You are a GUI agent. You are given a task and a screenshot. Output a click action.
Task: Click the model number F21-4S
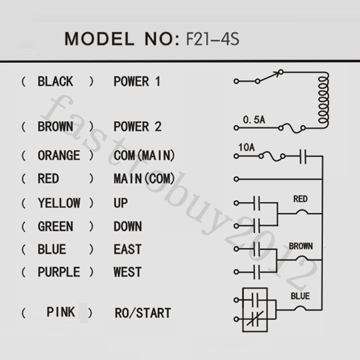pos(213,39)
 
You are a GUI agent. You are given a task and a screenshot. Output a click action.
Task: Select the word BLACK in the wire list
pos(55,81)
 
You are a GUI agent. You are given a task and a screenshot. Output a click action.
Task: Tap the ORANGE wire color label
pos(59,155)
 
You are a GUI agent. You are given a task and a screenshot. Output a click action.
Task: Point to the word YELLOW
pos(59,203)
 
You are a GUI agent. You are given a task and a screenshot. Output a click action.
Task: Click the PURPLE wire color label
pos(59,272)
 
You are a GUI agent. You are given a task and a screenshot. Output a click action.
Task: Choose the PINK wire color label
pos(60,312)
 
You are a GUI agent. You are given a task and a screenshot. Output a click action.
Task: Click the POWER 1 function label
pos(137,81)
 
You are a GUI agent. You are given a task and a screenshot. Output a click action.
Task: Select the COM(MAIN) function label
pos(144,155)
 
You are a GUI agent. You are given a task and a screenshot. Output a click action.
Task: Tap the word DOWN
pos(128,226)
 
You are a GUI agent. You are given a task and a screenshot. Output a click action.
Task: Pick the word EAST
pos(127,249)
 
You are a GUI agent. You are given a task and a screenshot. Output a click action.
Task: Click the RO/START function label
pos(143,313)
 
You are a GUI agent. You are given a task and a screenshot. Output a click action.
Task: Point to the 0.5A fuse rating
pos(254,120)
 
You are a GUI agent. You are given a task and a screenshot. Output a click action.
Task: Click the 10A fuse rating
pos(246,147)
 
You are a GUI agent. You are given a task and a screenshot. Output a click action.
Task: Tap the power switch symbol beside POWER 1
pos(269,77)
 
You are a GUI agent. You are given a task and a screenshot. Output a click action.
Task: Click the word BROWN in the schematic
pos(301,246)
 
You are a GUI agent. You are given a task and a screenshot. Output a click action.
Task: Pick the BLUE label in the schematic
pos(300,296)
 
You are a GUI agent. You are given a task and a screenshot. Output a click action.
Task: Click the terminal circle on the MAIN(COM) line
pos(236,179)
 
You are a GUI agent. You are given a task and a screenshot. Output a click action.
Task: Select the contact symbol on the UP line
pos(257,203)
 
